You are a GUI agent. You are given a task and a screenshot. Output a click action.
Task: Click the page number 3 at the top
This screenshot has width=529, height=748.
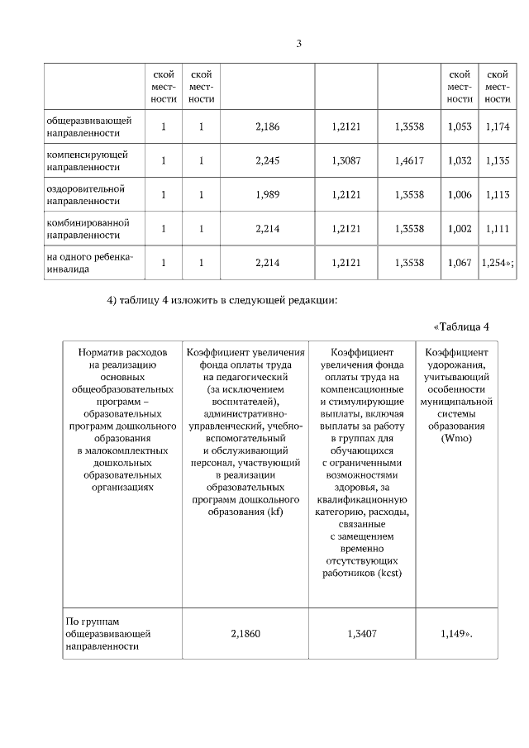point(299,44)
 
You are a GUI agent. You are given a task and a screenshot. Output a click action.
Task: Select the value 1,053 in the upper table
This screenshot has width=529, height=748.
point(459,126)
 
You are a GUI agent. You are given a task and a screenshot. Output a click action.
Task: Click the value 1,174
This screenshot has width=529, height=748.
point(497,126)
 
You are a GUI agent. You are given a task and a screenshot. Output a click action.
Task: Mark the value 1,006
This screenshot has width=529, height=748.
point(459,194)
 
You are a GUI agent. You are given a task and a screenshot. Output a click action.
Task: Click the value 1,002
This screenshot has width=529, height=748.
point(459,228)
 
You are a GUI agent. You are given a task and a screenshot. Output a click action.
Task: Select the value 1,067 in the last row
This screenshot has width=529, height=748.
point(459,262)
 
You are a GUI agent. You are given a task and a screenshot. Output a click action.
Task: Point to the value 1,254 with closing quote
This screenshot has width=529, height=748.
point(498,262)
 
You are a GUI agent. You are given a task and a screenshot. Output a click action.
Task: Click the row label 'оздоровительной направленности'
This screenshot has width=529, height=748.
point(84,194)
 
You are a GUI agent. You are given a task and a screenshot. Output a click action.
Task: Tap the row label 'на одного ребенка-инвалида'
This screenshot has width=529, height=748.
point(88,262)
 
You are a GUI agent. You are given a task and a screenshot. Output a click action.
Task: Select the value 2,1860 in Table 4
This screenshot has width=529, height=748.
point(245,633)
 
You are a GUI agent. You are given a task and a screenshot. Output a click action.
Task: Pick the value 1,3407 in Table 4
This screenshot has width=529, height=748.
point(361,633)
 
